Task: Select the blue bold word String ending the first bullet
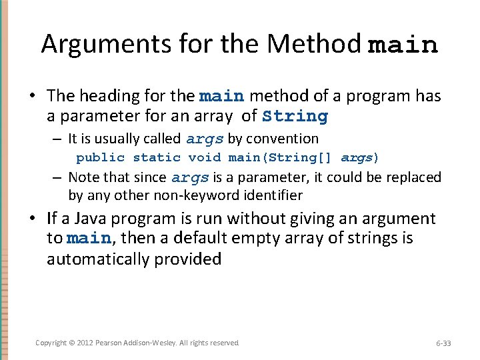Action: [295, 117]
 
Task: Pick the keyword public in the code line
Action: [100, 158]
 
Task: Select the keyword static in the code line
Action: [157, 158]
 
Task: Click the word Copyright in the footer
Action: [51, 343]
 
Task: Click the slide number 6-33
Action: [443, 343]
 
